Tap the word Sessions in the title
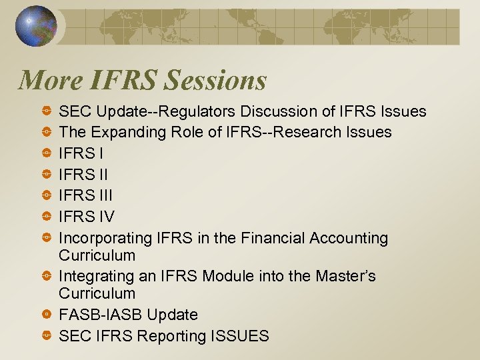pos(215,81)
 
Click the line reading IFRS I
pos(81,153)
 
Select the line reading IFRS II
pos(83,175)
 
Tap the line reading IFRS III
pos(85,195)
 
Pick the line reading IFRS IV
pos(87,217)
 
